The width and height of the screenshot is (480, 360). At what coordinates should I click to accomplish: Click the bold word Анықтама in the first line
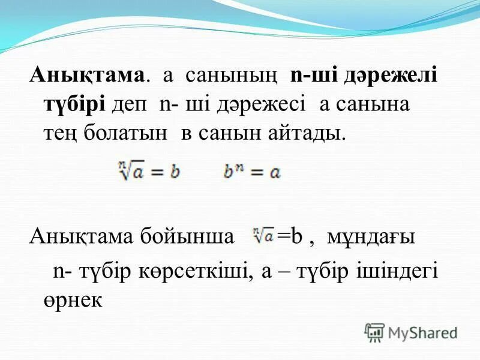click(88, 77)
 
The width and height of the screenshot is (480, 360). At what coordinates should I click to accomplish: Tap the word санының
click(231, 77)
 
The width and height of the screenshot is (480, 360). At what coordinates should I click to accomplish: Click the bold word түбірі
click(74, 104)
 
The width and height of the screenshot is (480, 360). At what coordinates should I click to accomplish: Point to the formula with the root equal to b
click(148, 172)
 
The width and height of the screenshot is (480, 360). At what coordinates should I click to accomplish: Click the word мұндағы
click(370, 237)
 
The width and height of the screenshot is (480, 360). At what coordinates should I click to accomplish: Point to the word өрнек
click(73, 298)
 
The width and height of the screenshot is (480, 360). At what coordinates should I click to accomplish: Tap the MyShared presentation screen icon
click(374, 332)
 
